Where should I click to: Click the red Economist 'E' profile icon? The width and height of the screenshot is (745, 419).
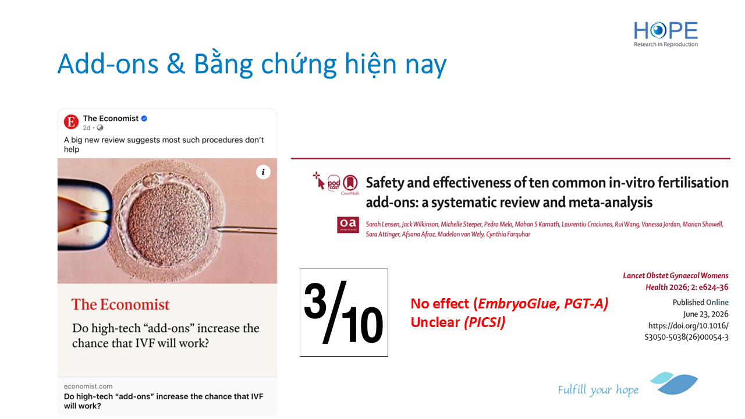coord(71,122)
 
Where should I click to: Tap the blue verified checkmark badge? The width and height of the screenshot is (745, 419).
coord(144,119)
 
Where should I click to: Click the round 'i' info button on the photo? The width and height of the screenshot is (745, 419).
coord(263,172)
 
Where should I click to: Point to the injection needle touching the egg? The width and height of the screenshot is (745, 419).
coord(244,230)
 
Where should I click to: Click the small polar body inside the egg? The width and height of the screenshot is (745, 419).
coord(151,181)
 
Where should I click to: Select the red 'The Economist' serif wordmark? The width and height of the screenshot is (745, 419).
coord(120,304)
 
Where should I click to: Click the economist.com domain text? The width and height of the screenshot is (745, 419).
coord(88,386)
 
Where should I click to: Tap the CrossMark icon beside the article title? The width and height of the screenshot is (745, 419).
coord(350,184)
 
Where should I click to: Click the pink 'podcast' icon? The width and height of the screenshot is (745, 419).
coord(334,183)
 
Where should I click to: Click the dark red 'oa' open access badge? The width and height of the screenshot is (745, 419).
coord(348,225)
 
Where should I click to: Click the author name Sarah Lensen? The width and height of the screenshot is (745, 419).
coord(382,225)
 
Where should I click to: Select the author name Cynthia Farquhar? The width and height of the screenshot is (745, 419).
coord(508,235)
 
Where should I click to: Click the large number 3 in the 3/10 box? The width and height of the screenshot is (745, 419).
coord(315,301)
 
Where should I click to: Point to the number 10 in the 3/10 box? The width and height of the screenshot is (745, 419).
coord(362,325)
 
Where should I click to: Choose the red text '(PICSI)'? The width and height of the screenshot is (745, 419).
coord(485,322)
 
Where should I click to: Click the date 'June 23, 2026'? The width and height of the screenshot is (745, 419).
coord(706,314)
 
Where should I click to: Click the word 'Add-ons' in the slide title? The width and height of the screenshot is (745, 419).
coord(108,64)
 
